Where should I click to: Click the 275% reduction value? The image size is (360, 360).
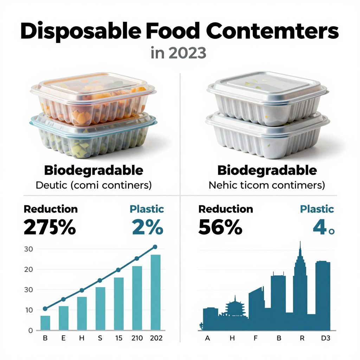[x=50, y=227]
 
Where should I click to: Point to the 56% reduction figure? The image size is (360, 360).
[x=220, y=227]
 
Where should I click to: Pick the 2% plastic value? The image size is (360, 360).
[x=148, y=227]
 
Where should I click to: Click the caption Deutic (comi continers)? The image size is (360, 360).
[x=94, y=185]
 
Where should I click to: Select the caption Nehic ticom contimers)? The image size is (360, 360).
[x=266, y=185]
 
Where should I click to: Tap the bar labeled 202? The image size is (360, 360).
[x=155, y=292]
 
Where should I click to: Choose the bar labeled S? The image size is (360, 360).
[x=100, y=308]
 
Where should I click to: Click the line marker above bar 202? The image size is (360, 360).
[x=155, y=247]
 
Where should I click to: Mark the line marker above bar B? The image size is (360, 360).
[x=45, y=309]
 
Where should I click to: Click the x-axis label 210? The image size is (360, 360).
[x=137, y=338]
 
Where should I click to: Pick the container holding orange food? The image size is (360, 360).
[x=93, y=98]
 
